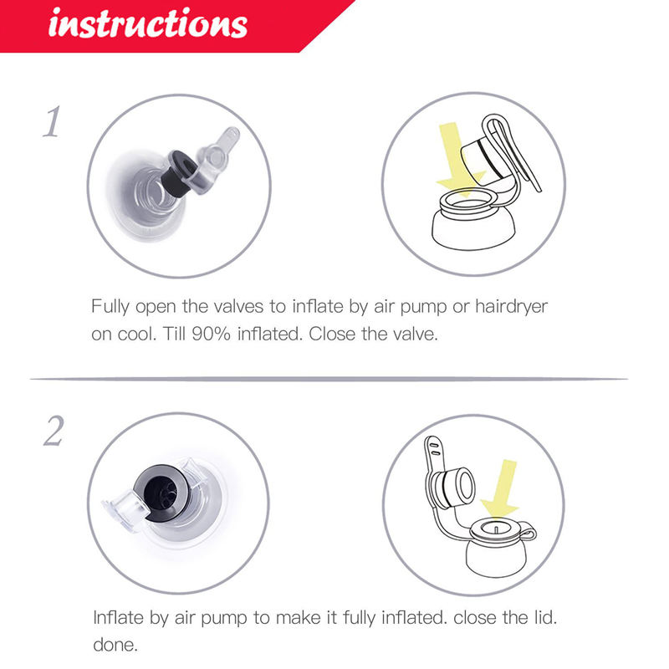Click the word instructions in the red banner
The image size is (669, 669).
click(148, 24)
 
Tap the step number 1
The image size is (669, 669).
click(52, 122)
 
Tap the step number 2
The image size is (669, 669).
click(54, 431)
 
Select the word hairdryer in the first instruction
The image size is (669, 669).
click(511, 307)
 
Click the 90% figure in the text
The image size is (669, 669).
click(211, 334)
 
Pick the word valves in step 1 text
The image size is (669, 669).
click(238, 307)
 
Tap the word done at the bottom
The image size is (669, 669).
click(115, 645)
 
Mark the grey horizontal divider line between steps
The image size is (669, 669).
click(329, 379)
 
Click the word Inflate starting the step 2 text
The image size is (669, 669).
click(118, 617)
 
